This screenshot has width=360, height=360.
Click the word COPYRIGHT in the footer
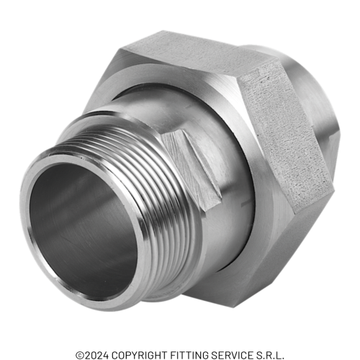140,354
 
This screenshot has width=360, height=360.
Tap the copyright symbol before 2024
80,355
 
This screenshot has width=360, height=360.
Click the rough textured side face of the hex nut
286,135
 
